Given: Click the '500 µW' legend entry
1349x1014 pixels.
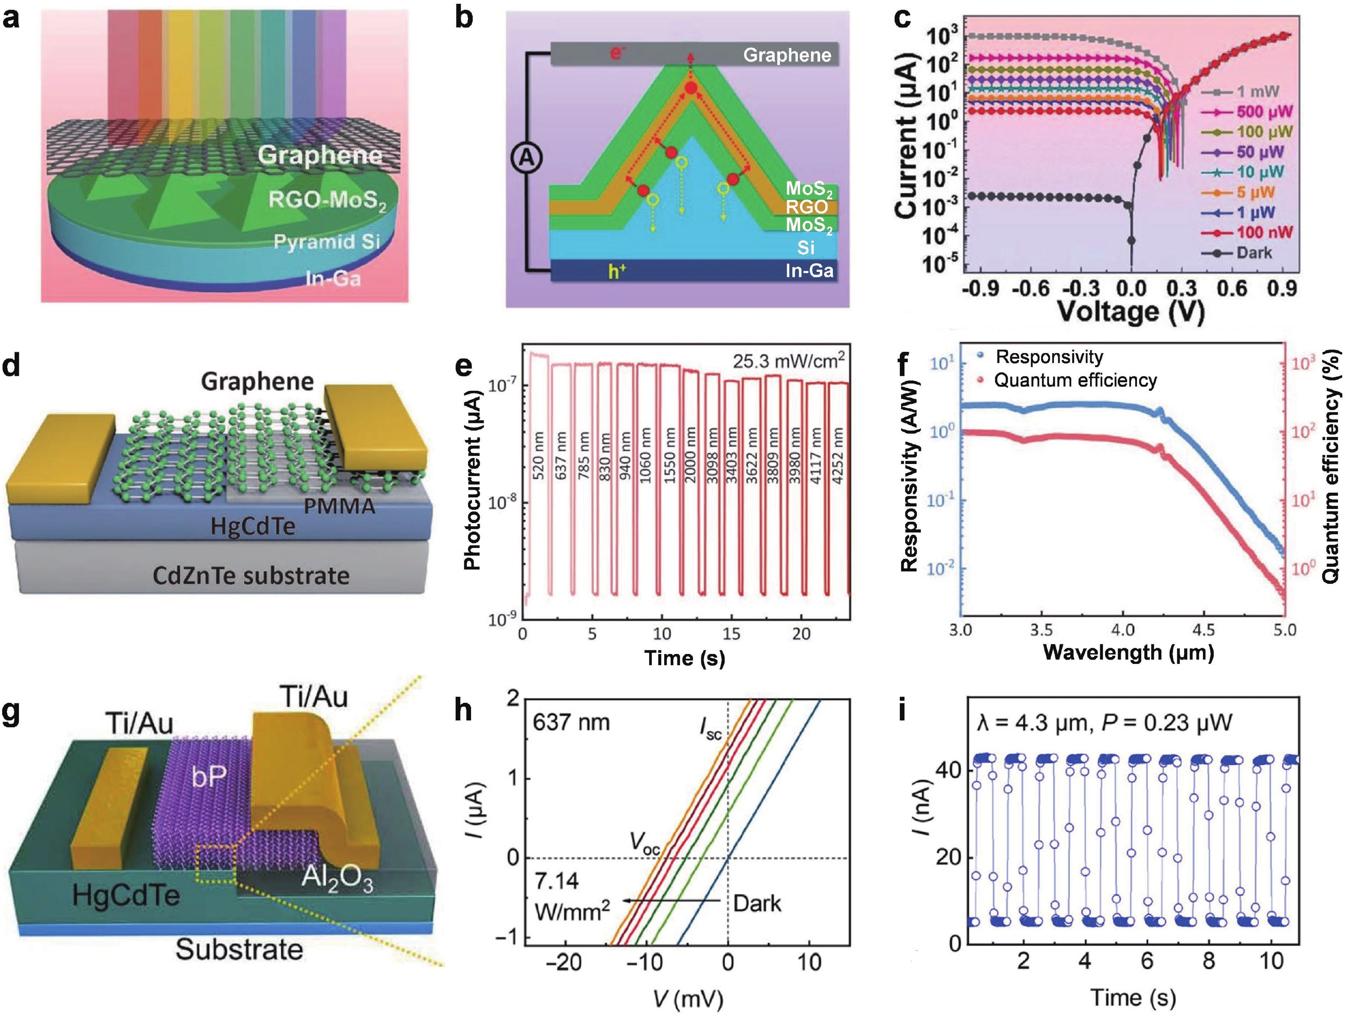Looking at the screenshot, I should coord(1264,112).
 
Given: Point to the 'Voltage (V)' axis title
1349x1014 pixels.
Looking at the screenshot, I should coord(1130,311).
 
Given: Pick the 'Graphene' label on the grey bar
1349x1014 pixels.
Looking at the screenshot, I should coord(787,56).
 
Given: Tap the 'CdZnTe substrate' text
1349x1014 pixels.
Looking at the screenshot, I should coord(251,576).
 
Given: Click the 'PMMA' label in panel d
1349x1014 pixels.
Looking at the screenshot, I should coord(339,506).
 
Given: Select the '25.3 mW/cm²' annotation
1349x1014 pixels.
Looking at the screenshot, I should coord(788,361).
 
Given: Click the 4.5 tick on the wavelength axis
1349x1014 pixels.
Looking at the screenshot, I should coord(1203,630).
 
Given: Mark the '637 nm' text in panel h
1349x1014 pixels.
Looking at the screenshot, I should coord(571,722).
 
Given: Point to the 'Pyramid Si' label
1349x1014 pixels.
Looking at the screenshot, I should coord(326,242).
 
